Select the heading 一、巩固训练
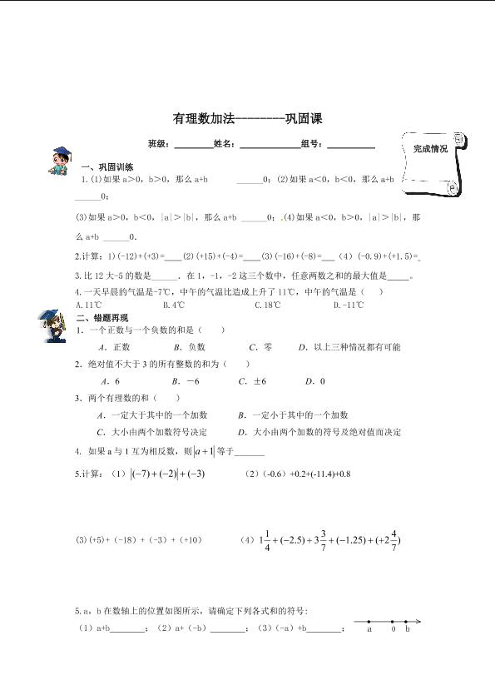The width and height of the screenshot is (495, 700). pyautogui.click(x=100, y=167)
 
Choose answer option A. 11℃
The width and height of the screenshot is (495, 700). pyautogui.click(x=87, y=305)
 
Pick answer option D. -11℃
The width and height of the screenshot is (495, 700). pyautogui.click(x=348, y=305)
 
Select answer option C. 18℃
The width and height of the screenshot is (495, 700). pyautogui.click(x=268, y=305)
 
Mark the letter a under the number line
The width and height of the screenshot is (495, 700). pyautogui.click(x=369, y=629)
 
